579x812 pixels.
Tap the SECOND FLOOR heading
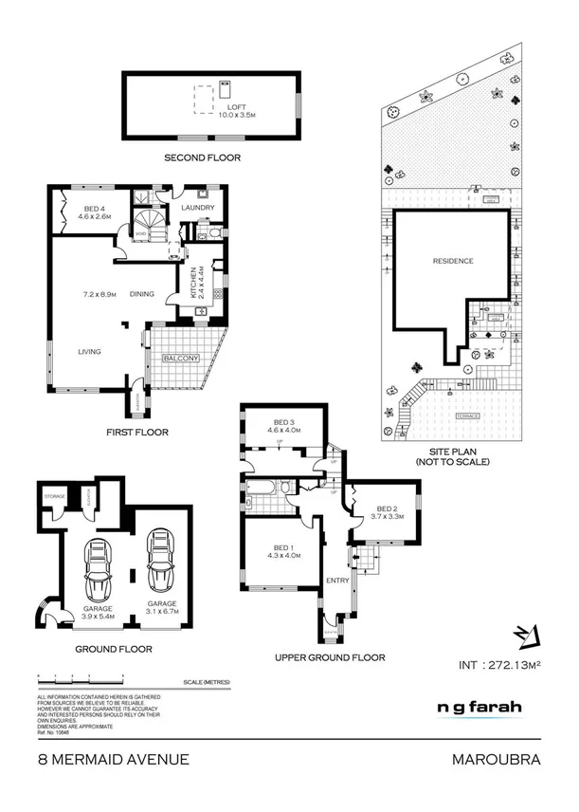202,157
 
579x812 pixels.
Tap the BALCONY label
180,358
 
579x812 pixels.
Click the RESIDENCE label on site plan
452,262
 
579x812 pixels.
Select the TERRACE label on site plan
465,416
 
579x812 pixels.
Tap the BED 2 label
389,508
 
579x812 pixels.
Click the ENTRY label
336,580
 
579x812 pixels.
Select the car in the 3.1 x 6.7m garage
161,562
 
